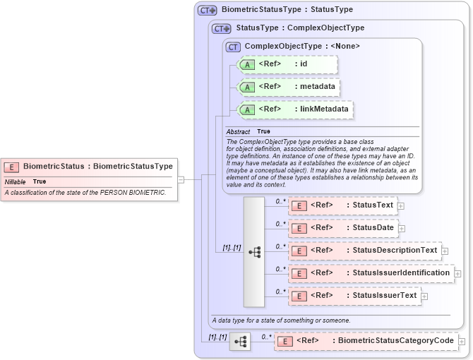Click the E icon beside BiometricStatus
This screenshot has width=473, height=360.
pos(11,167)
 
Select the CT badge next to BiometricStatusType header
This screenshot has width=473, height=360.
pos(206,11)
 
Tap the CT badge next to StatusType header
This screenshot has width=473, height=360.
pos(222,29)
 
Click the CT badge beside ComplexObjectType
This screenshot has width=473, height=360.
pos(233,47)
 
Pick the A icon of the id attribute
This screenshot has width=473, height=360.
pos(247,65)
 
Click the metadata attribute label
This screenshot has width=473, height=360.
pos(314,87)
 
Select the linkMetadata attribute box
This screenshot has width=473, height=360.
pos(295,109)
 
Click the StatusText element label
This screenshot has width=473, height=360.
pos(373,205)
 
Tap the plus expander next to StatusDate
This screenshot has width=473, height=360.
pos(401,228)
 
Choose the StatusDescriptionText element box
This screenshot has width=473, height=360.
pos(364,251)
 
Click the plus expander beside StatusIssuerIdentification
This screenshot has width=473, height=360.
pos(457,273)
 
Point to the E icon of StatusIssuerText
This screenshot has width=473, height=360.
pos(299,296)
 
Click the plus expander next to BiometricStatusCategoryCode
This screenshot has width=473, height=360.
pos(462,342)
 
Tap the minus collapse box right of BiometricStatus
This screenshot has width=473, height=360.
pos(181,179)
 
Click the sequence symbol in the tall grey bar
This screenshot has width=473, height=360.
pos(254,251)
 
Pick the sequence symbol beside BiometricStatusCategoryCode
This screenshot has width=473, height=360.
pos(240,342)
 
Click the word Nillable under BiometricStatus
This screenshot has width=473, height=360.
pos(16,181)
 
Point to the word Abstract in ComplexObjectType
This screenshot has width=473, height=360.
pos(238,131)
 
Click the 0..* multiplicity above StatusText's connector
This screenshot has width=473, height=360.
pos(280,200)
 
